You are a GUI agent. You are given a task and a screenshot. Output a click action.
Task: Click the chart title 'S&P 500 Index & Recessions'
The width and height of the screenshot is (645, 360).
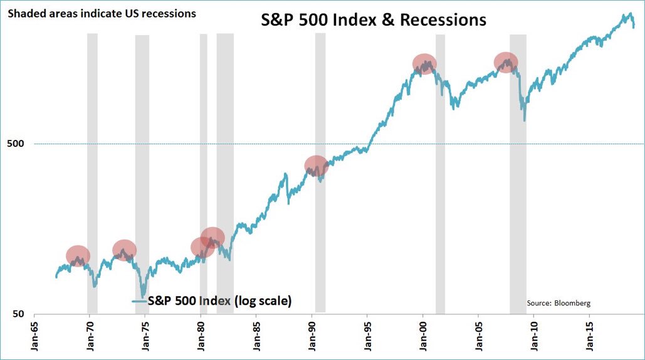(374, 20)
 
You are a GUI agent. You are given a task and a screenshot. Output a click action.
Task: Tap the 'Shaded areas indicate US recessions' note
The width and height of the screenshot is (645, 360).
(102, 13)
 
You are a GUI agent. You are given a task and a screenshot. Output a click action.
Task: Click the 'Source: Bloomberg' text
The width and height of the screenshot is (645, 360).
(558, 304)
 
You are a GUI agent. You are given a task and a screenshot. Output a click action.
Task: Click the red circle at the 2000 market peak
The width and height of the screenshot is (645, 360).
(424, 64)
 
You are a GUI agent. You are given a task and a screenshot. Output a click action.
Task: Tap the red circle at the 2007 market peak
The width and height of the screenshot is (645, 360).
(506, 61)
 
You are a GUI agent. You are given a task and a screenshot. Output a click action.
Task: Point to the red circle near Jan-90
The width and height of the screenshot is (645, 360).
(317, 166)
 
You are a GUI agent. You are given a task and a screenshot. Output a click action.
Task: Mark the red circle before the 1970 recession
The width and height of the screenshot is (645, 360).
(78, 256)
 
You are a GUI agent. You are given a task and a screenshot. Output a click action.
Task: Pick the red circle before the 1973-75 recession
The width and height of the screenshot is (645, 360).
(124, 250)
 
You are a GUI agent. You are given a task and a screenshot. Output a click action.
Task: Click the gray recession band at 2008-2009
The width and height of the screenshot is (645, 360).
(518, 188)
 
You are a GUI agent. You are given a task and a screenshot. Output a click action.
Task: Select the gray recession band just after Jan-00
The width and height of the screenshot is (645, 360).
(440, 188)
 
